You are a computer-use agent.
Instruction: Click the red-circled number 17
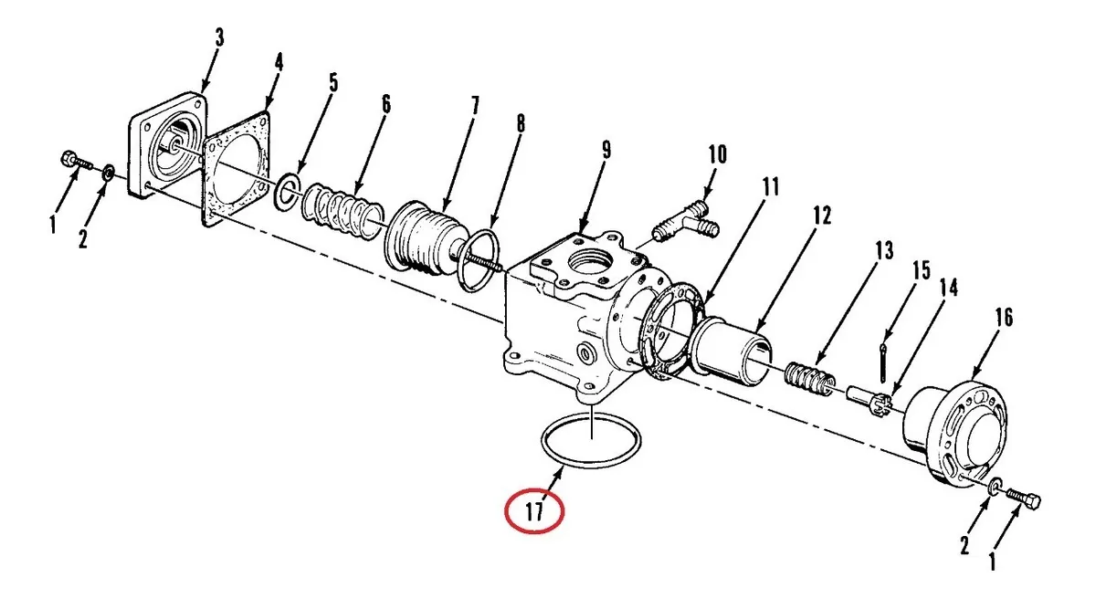[534, 511]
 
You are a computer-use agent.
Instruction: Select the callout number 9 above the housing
[606, 150]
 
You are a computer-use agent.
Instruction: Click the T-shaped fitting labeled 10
[685, 223]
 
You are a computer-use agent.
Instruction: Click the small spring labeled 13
[810, 380]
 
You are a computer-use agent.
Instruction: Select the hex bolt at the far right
[1024, 500]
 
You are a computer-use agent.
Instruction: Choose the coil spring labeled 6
[342, 211]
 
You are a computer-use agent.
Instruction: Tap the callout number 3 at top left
[218, 37]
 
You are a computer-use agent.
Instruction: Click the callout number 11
[770, 187]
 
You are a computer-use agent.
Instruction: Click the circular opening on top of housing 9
[591, 262]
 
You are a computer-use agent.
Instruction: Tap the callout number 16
[1004, 318]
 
